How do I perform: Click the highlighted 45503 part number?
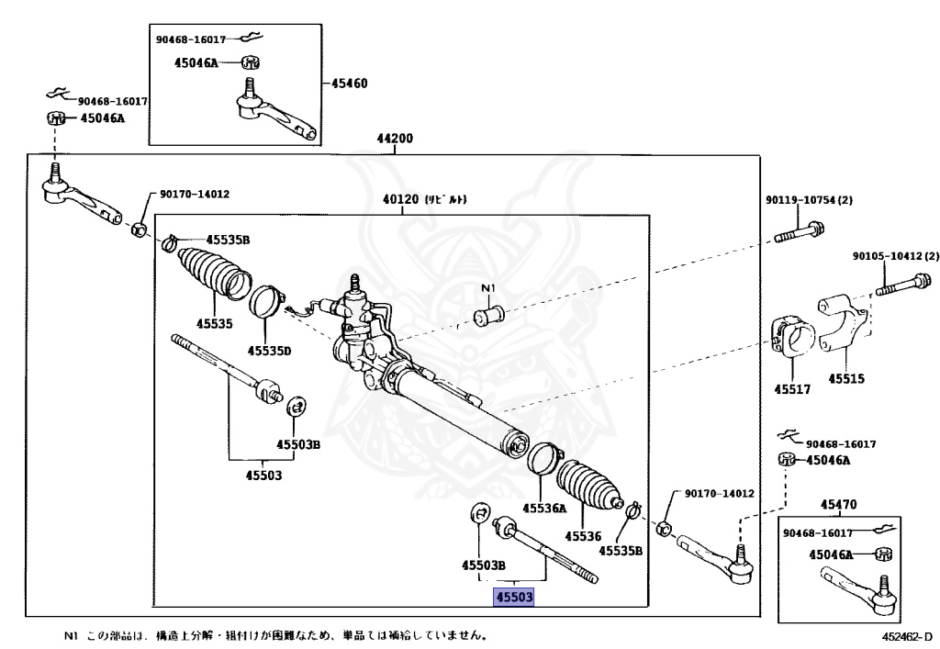coord(514,598)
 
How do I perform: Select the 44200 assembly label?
coord(395,140)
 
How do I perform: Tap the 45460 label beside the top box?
coord(349,83)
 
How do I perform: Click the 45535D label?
coord(268,351)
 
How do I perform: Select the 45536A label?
coord(545,508)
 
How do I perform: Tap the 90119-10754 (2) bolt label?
coord(809,200)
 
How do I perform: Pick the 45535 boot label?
coord(214,323)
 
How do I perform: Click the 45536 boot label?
coord(581,536)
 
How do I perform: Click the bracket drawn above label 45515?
coord(841,326)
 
